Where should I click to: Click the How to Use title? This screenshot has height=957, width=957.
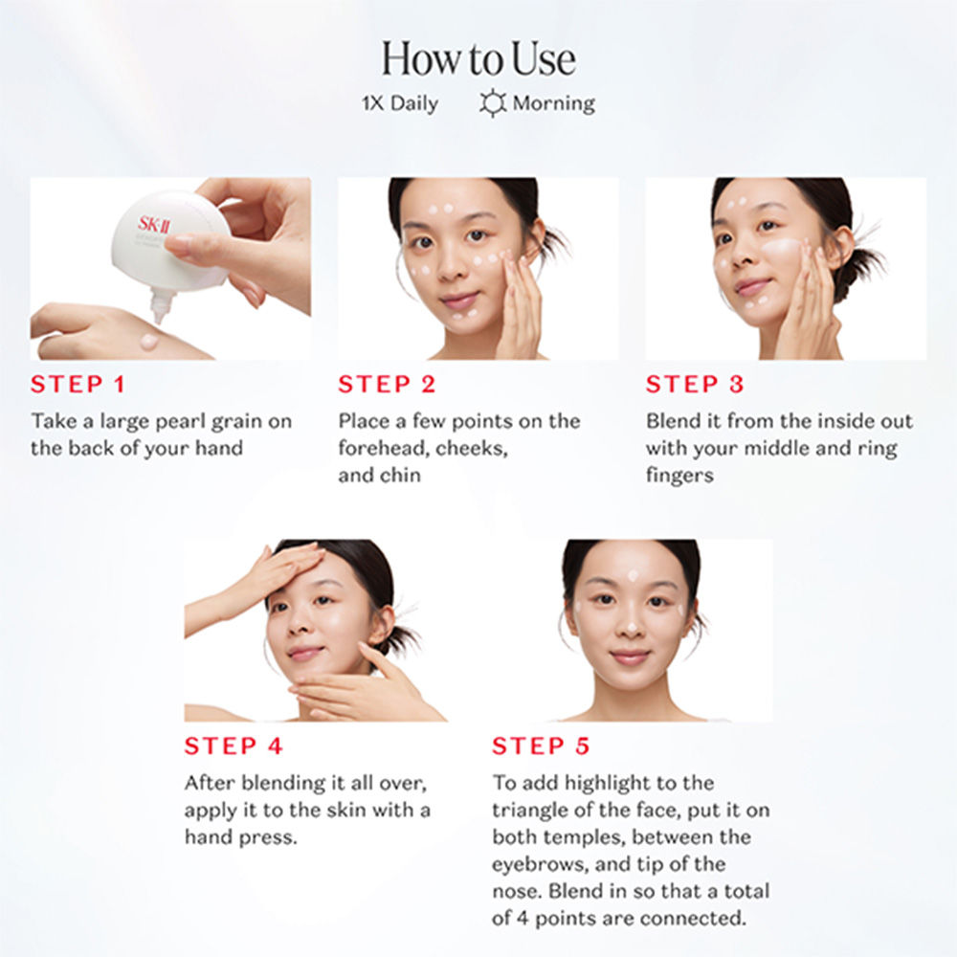tap(478, 59)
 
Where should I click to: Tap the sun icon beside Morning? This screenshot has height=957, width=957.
tap(493, 102)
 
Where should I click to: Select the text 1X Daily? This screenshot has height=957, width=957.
tap(400, 103)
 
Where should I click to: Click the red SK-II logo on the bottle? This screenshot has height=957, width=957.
tap(154, 224)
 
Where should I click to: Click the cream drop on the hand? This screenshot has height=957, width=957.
tap(148, 342)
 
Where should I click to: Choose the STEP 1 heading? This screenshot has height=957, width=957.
tap(78, 384)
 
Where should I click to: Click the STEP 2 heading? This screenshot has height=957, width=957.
tap(387, 384)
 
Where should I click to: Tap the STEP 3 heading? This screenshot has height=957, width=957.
tap(695, 384)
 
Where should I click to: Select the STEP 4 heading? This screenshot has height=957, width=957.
tap(234, 746)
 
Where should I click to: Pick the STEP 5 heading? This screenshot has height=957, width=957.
tap(541, 746)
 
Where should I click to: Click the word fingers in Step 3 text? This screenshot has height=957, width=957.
tap(679, 475)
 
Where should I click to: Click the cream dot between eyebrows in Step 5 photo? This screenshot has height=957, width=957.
tap(633, 575)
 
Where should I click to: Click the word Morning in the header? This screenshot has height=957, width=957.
tap(553, 103)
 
